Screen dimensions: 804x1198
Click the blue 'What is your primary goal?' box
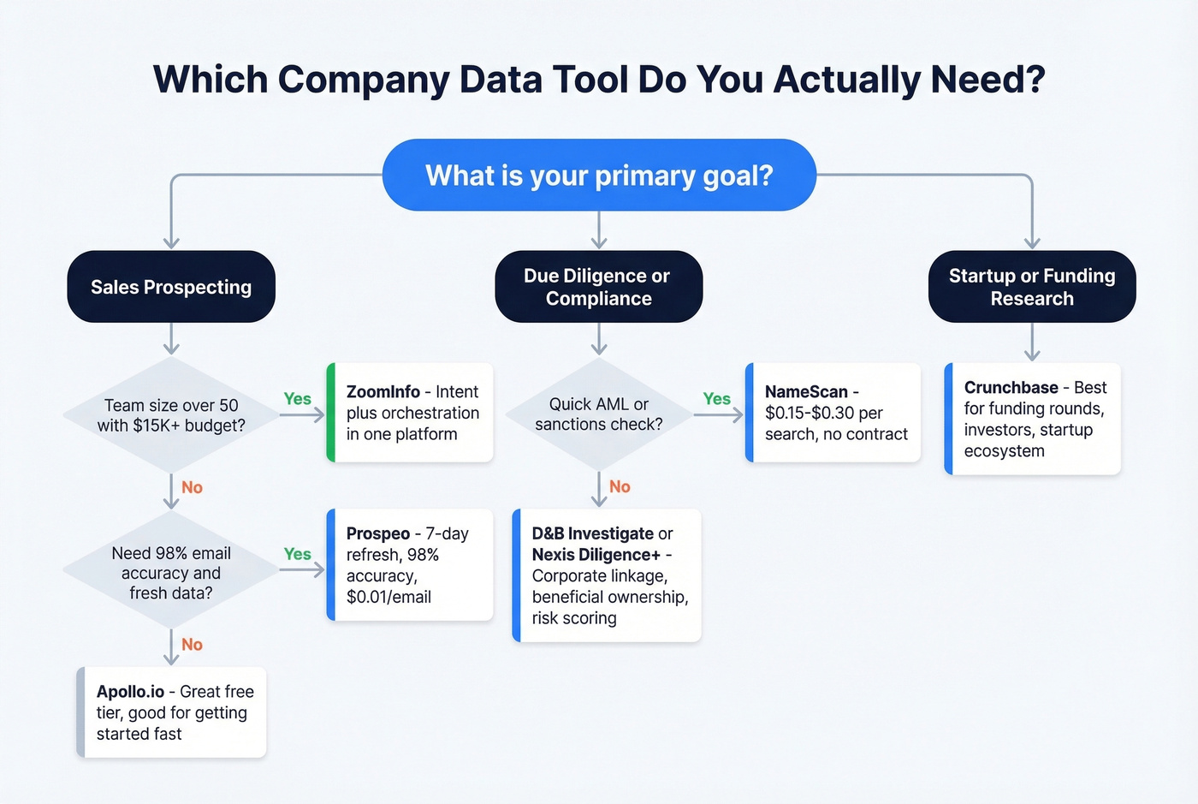point(599,176)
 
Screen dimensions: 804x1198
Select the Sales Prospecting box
point(171,287)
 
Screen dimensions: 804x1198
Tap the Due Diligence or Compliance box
point(599,287)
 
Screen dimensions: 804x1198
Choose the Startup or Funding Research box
point(1032,287)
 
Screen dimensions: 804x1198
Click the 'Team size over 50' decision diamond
point(171,415)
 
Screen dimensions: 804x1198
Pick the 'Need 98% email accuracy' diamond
point(171,572)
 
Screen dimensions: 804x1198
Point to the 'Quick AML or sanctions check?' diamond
point(599,414)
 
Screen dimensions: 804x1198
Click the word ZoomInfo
point(383,392)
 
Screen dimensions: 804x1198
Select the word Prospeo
point(377,533)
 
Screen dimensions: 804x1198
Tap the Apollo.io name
point(130,692)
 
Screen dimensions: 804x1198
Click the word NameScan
point(806,392)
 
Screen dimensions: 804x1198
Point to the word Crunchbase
point(1011,388)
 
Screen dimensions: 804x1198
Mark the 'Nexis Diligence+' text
point(596,555)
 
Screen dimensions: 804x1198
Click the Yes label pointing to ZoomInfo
point(297,399)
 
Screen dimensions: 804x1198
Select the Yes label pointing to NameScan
point(716,399)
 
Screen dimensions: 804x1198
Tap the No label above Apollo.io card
point(192,645)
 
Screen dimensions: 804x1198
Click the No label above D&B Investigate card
point(620,487)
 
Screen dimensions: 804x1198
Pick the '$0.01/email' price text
point(388,597)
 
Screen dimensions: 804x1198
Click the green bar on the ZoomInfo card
point(330,413)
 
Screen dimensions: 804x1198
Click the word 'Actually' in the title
point(847,80)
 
